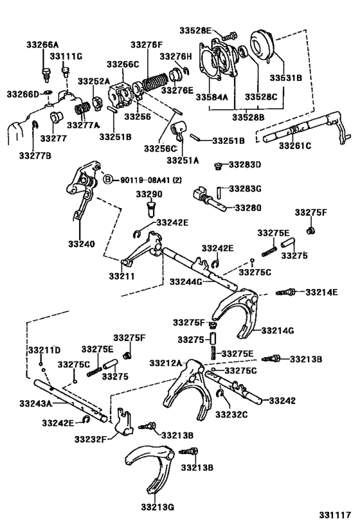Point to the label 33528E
(x=200, y=30)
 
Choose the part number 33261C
(x=294, y=146)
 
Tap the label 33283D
(x=247, y=165)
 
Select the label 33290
(x=148, y=194)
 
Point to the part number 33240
(x=77, y=245)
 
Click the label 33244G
(x=186, y=281)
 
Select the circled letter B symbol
(x=108, y=179)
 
